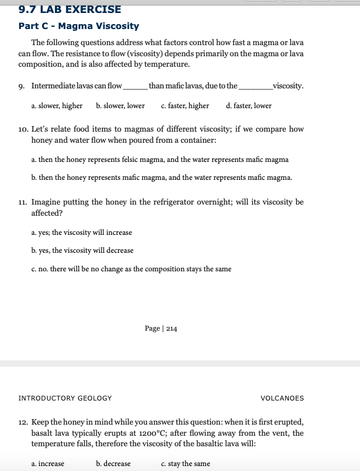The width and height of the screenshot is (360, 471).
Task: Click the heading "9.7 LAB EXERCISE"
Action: coord(61,9)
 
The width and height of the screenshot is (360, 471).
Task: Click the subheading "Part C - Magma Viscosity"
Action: coord(79,26)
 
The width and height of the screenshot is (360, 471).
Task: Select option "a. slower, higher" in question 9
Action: coord(56,106)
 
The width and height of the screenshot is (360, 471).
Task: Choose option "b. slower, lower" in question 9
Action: coord(121,106)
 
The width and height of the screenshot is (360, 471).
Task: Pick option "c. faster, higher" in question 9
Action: coord(184,106)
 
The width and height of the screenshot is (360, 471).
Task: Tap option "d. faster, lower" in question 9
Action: coord(249,106)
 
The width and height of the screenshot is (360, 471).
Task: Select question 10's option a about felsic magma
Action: coord(160,159)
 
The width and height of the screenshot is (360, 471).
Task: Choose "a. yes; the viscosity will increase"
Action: coord(81,232)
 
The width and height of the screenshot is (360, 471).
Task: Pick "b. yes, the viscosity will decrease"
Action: coord(82,250)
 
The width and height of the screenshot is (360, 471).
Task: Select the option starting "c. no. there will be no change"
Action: coord(131,268)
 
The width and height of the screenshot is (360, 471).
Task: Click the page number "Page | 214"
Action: coord(161,328)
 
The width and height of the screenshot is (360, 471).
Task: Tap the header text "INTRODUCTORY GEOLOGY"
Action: coord(65,398)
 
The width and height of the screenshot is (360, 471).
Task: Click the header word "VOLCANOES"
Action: coord(282,398)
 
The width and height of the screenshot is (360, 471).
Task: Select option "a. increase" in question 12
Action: coord(48,464)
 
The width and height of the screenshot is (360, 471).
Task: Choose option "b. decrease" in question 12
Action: coord(113,464)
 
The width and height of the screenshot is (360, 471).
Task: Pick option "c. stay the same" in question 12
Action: coord(185,464)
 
